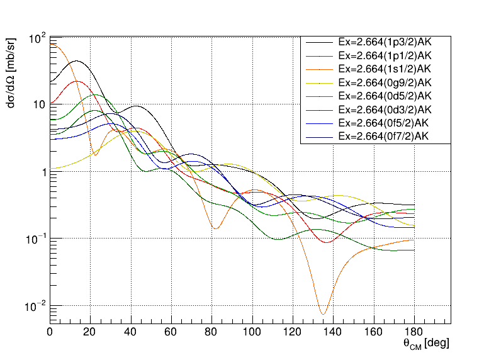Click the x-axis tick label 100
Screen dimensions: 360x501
(252, 332)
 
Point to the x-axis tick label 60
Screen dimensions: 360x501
(172, 332)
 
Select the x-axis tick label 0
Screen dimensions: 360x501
(50, 332)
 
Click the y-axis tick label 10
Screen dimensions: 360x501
(38, 104)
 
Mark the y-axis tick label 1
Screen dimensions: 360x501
(42, 172)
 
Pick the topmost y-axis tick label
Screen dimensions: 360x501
(37, 39)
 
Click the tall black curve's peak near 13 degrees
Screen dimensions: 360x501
(77, 61)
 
